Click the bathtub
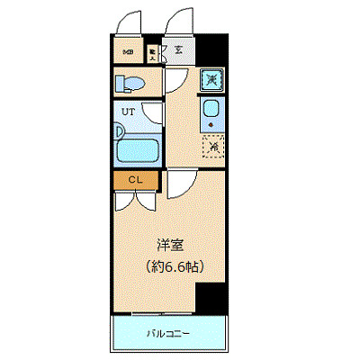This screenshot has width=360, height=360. click(x=139, y=148)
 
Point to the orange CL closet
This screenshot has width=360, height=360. click(x=135, y=179)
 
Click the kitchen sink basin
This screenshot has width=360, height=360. click(x=211, y=112)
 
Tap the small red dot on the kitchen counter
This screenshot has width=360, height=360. click(x=210, y=125)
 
